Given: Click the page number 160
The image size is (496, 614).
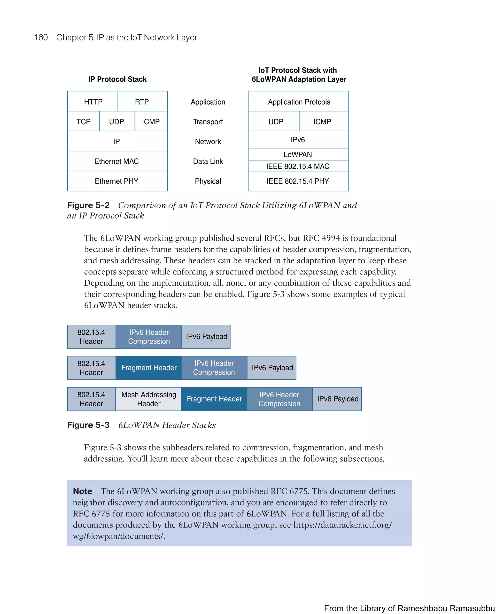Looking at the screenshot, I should click(x=41, y=38).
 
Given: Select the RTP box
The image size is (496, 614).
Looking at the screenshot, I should click(x=142, y=102).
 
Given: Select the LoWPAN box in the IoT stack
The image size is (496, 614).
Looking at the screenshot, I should click(x=298, y=155).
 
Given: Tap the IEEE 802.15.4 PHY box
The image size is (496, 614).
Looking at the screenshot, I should click(x=298, y=181).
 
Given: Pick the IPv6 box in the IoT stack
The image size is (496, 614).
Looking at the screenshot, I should click(x=298, y=140).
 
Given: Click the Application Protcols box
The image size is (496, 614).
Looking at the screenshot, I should click(x=299, y=102).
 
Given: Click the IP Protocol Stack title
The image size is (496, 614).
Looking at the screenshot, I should click(x=117, y=79).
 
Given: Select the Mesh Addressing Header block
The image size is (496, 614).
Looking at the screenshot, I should click(x=148, y=399).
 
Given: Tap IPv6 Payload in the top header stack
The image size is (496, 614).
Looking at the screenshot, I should click(x=206, y=337).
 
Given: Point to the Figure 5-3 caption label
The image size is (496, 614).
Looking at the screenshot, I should click(x=88, y=425).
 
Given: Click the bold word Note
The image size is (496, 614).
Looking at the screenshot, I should click(x=83, y=491).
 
